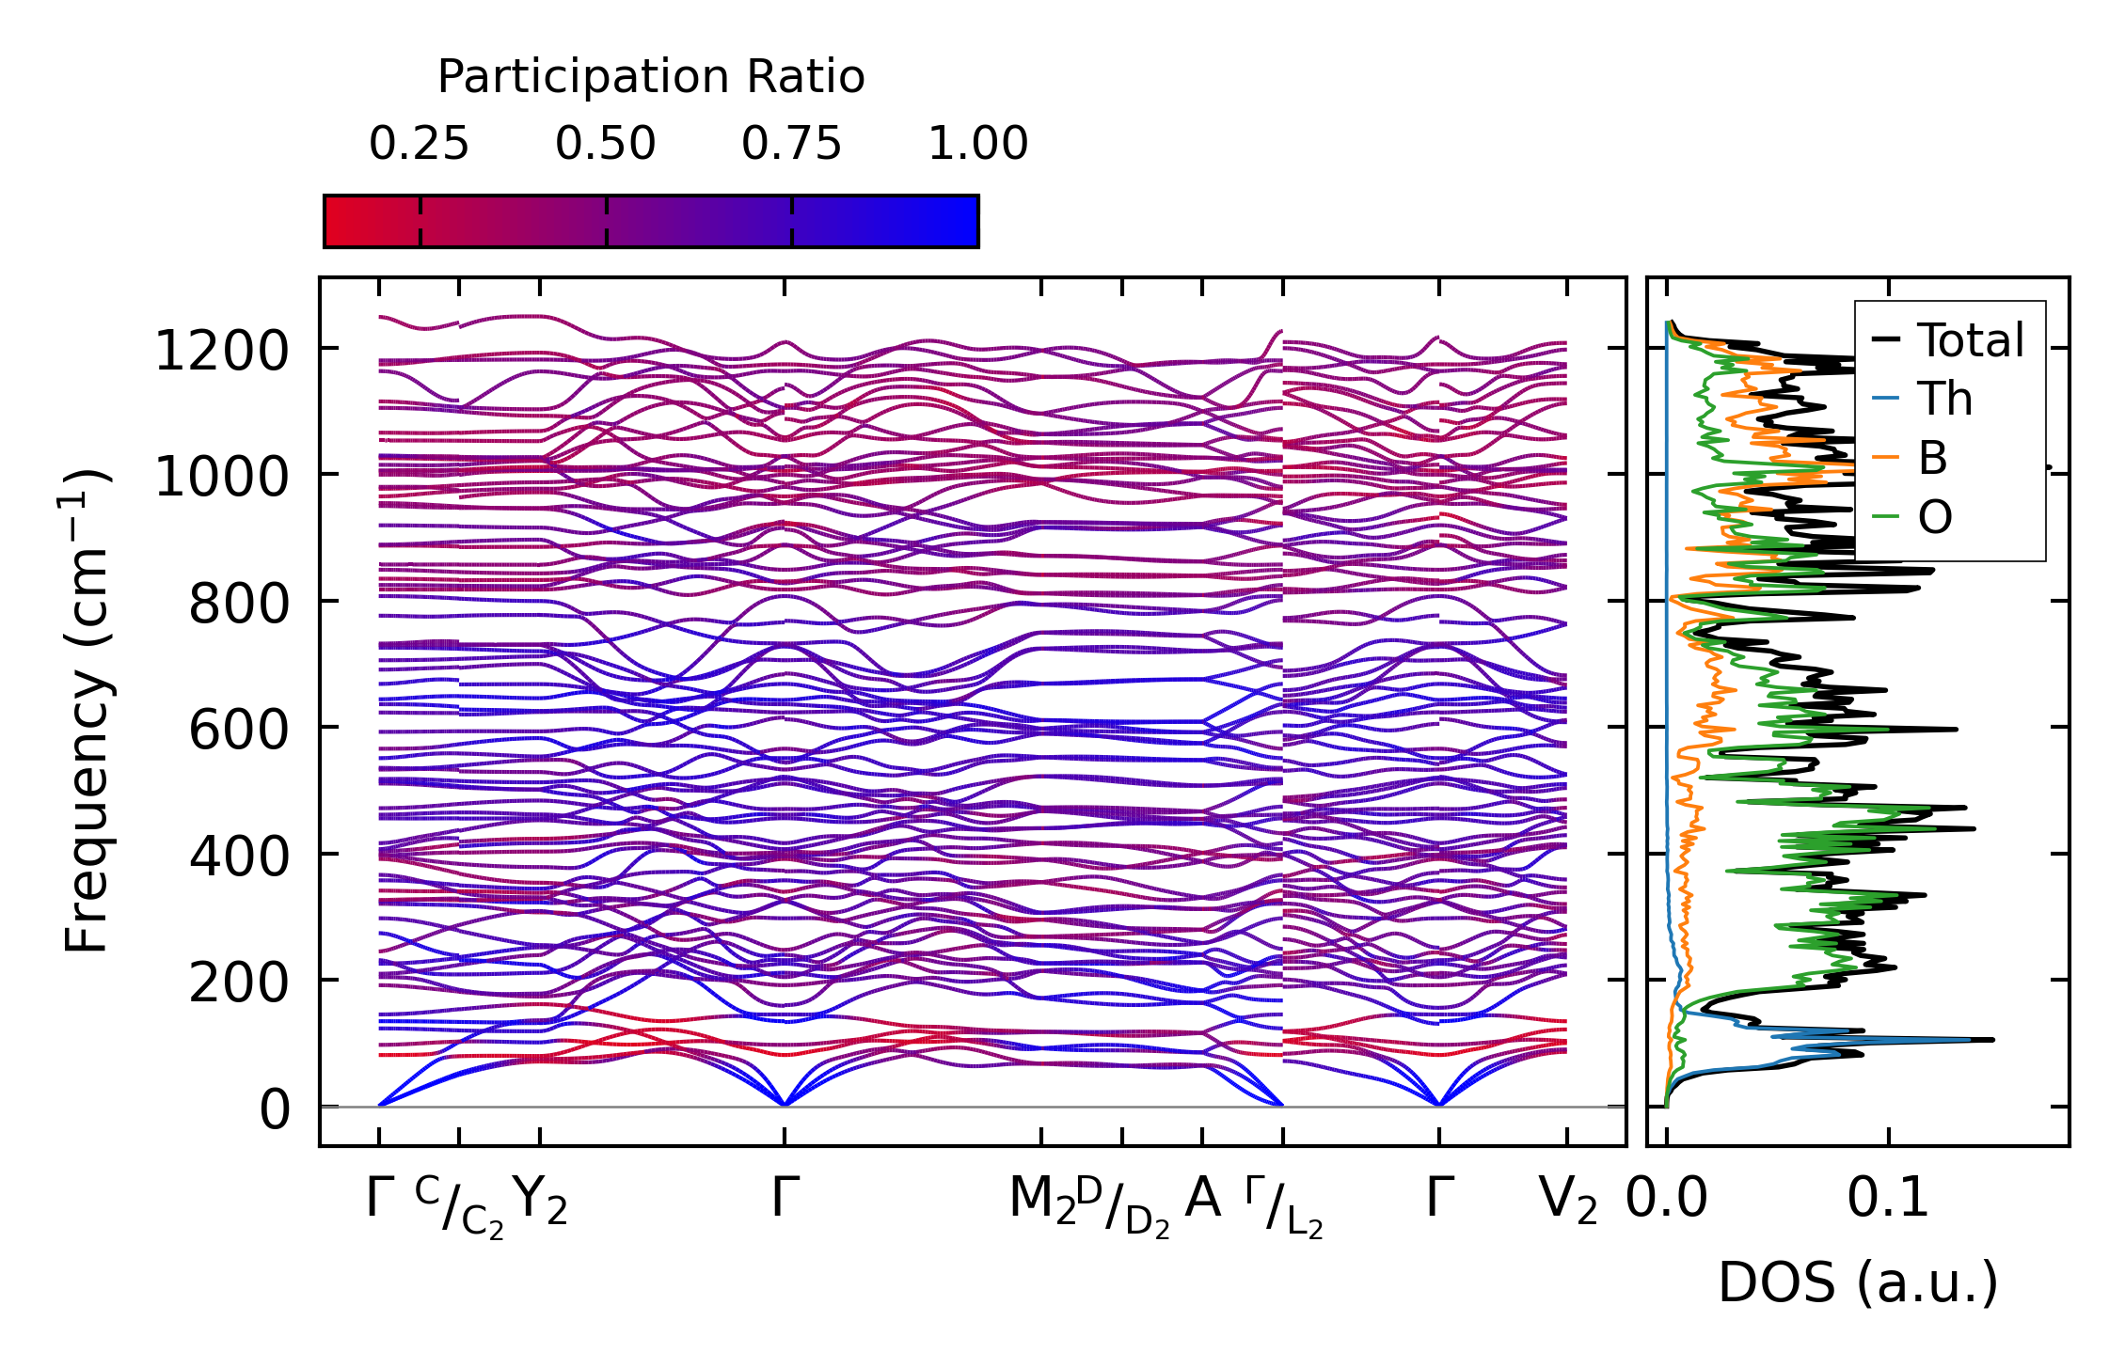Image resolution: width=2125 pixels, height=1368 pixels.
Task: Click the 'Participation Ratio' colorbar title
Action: (651, 77)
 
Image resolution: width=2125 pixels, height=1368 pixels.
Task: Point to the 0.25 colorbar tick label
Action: (419, 145)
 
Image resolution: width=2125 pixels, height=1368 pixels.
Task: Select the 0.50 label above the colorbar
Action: (605, 145)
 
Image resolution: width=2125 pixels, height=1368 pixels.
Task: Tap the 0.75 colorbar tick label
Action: (791, 145)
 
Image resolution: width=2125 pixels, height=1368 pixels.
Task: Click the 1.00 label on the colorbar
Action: (977, 145)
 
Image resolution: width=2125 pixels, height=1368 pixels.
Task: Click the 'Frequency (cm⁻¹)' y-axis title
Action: (87, 711)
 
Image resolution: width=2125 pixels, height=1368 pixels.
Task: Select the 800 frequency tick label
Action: (239, 605)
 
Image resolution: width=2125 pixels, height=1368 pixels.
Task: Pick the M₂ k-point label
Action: (1040, 1201)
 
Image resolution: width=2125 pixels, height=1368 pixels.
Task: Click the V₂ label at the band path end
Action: (1567, 1201)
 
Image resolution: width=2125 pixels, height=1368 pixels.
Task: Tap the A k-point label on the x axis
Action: (1202, 1199)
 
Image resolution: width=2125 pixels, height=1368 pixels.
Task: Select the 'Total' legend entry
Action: (1970, 340)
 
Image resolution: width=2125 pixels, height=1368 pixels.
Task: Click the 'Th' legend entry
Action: (1944, 400)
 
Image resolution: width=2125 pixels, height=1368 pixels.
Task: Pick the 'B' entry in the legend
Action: (1932, 459)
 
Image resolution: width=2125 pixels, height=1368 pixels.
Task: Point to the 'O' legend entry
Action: (1935, 518)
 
